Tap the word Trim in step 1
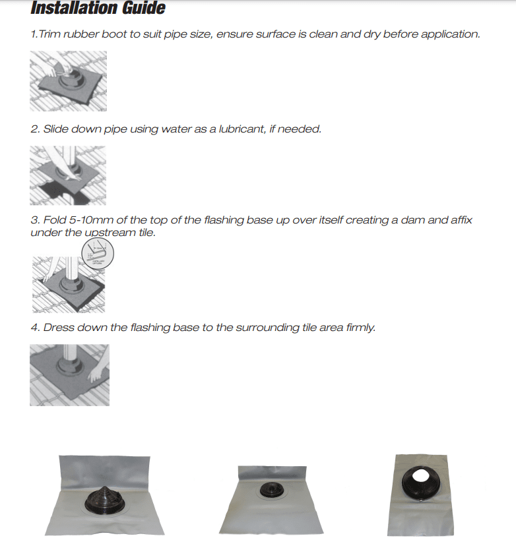50,34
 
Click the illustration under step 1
68,81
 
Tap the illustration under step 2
68,175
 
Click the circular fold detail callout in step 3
97,254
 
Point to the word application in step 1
451,34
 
